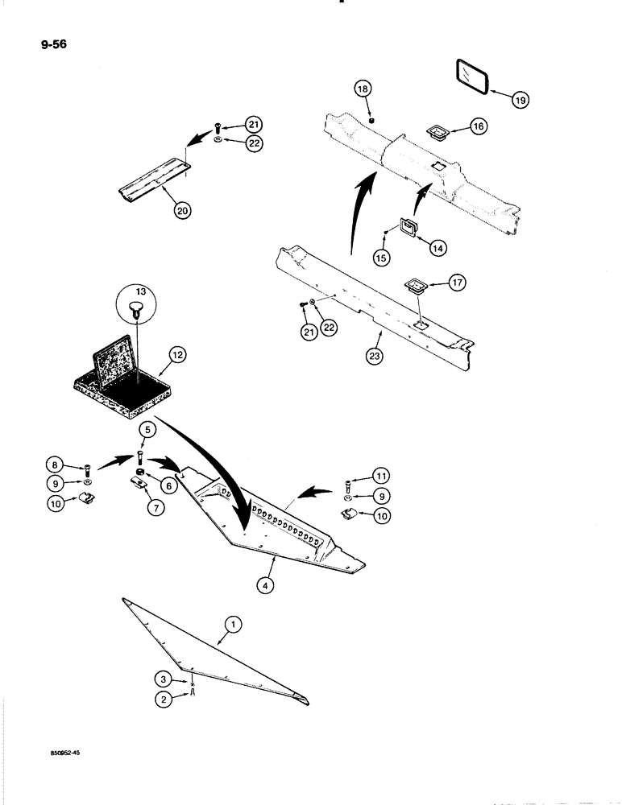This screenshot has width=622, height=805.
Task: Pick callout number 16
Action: tap(478, 126)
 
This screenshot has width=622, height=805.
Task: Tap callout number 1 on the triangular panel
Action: tap(232, 623)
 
